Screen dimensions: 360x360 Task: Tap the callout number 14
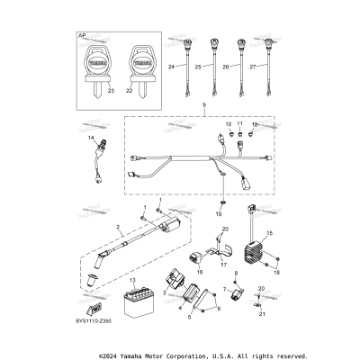pyautogui.click(x=91, y=138)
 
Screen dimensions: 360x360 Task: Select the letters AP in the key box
pyautogui.click(x=83, y=37)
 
